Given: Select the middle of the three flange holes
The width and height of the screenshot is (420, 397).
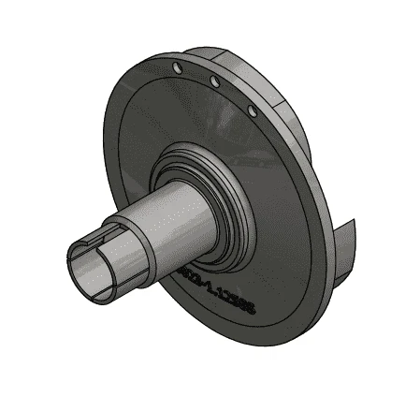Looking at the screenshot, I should coord(214,83).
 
